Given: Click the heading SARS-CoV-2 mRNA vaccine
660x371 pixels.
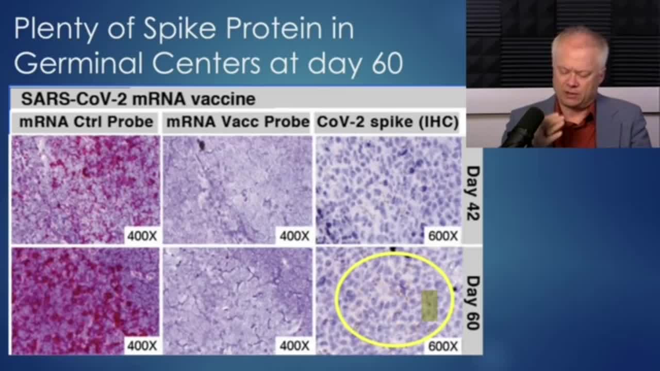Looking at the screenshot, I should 138,98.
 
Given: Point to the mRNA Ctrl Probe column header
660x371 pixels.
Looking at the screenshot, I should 86,122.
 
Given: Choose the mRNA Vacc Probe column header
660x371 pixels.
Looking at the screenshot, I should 238,122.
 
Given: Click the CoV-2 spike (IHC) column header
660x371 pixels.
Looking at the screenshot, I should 388,122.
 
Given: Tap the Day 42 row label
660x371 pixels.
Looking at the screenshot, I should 473,193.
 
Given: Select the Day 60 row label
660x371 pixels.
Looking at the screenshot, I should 473,303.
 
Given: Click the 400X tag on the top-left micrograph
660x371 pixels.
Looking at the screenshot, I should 142,236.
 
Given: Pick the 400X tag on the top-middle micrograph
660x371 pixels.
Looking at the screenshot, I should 294,236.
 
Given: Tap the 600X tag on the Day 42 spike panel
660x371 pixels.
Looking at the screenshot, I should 443,236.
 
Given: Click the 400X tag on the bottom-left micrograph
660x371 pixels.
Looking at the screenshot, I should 142,345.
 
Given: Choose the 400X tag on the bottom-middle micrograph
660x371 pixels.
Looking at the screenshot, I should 294,345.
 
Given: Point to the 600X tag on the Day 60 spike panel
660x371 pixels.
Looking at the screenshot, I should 443,345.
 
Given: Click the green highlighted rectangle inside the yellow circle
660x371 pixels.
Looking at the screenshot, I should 430,306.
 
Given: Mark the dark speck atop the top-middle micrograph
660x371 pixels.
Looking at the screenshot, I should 201,146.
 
